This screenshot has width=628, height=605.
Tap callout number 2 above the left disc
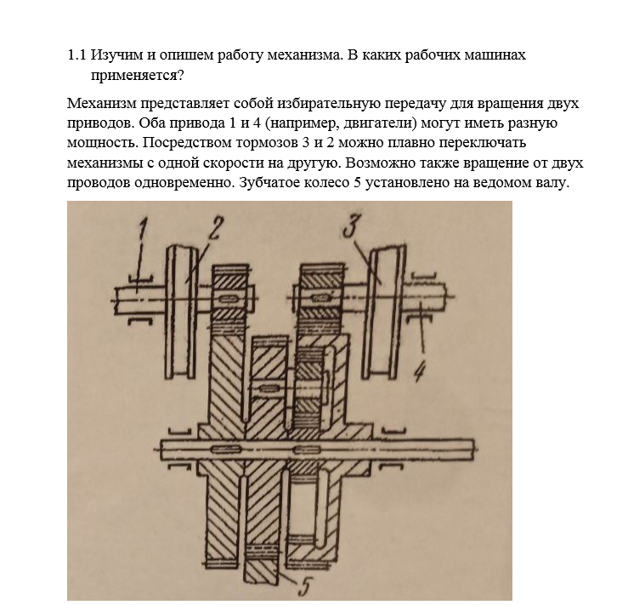pos(213,228)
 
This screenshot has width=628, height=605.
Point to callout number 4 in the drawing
pos(419,371)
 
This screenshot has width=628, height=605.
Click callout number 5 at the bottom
pos(304,586)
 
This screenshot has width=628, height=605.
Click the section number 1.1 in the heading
pos(76,55)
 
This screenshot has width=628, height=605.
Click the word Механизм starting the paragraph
pos(102,103)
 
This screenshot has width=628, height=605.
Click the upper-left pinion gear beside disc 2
pos(229,297)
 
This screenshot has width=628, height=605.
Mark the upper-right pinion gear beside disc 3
pos(321,297)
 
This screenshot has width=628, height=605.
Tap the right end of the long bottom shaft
pos(474,448)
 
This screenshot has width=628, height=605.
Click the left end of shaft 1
pos(116,300)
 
